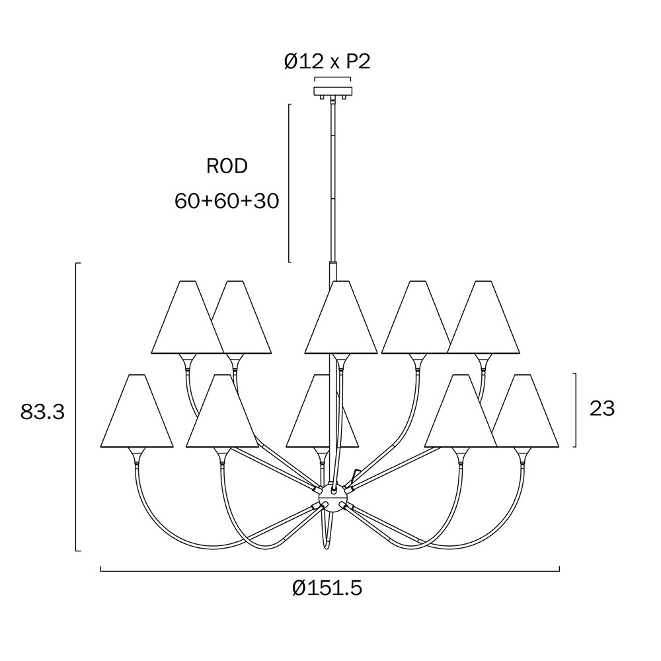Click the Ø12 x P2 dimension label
[x=327, y=62]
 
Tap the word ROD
[x=227, y=167]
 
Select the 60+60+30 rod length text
[x=227, y=201]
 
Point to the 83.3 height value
[x=42, y=412]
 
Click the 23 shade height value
[x=602, y=408]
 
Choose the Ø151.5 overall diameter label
[x=327, y=587]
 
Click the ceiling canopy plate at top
[x=332, y=91]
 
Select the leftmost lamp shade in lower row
[x=137, y=410]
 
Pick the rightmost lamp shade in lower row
[x=525, y=410]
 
